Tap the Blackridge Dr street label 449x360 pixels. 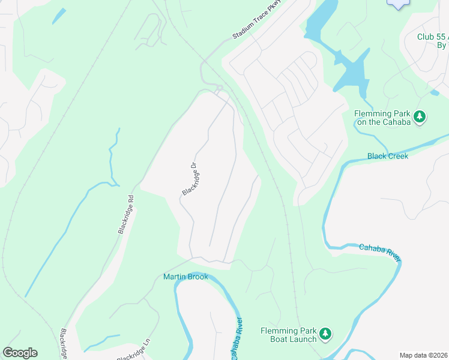click(190, 179)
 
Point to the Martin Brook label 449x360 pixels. click(185, 277)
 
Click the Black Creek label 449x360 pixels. click(388, 156)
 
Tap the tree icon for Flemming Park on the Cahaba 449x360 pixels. click(420, 116)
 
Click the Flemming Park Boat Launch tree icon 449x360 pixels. click(325, 334)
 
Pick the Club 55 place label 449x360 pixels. click(432, 37)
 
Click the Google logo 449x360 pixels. click(20, 353)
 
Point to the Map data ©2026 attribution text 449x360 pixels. click(424, 355)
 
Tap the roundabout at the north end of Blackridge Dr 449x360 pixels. click(220, 89)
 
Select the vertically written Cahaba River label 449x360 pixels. click(237, 338)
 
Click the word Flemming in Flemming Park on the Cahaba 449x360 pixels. click(372, 113)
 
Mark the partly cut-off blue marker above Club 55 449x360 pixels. click(397, 4)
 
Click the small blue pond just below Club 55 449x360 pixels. click(435, 93)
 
